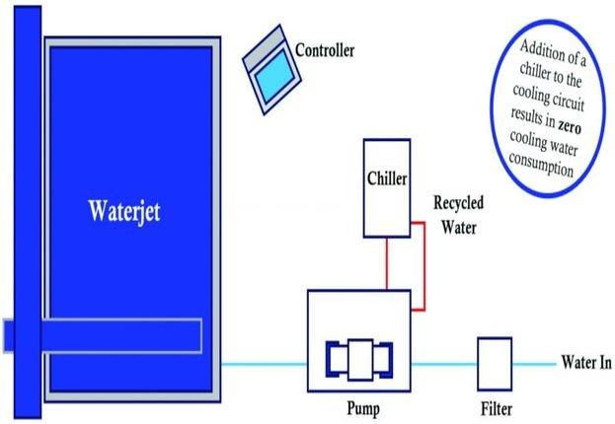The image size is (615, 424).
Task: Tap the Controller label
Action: click(325, 49)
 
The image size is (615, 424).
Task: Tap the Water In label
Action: click(586, 363)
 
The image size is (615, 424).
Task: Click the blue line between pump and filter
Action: click(443, 364)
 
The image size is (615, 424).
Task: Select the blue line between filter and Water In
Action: click(533, 364)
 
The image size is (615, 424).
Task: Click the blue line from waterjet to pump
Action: click(262, 364)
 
